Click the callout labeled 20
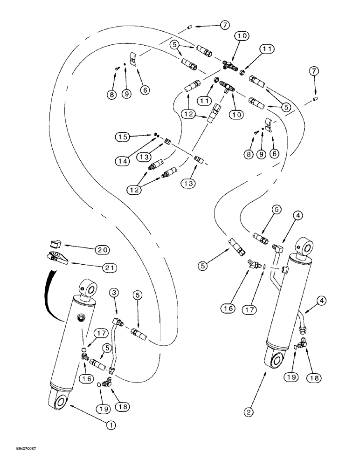[103, 250]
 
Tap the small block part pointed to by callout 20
[55, 243]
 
